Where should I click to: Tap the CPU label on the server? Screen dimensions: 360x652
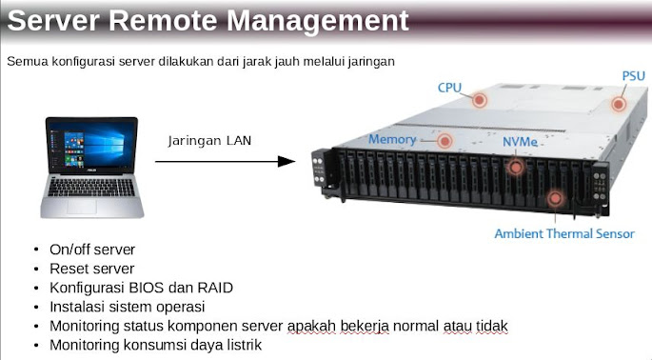pyautogui.click(x=449, y=88)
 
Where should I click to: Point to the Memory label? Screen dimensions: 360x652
pyautogui.click(x=392, y=140)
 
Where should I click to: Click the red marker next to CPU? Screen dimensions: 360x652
pyautogui.click(x=480, y=98)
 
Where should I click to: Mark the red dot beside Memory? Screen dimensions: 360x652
pyautogui.click(x=445, y=140)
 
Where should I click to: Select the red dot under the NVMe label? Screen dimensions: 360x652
pyautogui.click(x=516, y=167)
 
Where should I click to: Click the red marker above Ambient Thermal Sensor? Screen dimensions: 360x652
pyautogui.click(x=555, y=198)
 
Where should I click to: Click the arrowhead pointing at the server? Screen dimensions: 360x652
pyautogui.click(x=286, y=162)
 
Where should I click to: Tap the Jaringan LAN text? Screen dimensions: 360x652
pyautogui.click(x=210, y=141)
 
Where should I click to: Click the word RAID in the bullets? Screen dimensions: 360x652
pyautogui.click(x=214, y=287)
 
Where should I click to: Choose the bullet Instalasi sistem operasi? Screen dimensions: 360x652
pyautogui.click(x=126, y=306)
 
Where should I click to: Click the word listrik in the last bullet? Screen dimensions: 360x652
pyautogui.click(x=240, y=344)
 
